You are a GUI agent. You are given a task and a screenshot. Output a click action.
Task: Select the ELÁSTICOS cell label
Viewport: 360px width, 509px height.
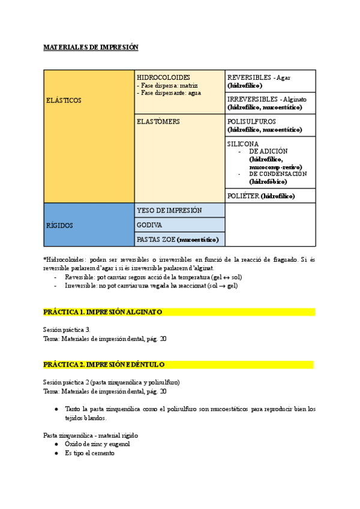click(x=64, y=101)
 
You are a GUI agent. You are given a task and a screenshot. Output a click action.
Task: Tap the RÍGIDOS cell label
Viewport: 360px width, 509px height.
click(x=59, y=226)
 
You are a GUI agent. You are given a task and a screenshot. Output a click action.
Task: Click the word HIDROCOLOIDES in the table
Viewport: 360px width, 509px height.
click(x=163, y=77)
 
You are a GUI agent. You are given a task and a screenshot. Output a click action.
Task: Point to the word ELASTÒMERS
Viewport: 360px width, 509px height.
click(x=158, y=122)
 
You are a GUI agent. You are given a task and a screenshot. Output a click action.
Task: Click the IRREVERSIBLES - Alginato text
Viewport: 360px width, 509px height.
click(x=266, y=99)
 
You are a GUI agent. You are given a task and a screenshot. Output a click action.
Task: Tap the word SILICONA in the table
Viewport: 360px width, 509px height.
click(x=243, y=144)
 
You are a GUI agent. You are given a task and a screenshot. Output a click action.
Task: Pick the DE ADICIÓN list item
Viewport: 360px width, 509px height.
click(x=268, y=151)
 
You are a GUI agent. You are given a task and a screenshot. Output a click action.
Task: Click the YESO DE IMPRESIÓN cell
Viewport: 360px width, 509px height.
click(x=169, y=210)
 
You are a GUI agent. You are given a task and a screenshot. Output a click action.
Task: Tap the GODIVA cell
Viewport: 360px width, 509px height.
click(x=149, y=225)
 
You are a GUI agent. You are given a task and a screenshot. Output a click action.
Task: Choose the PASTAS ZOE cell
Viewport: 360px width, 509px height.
click(x=178, y=239)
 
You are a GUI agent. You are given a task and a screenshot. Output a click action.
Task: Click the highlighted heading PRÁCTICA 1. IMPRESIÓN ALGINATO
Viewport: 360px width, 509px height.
click(x=103, y=312)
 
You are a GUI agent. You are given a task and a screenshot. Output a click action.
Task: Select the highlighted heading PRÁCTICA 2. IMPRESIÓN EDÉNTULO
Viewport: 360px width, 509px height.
click(x=104, y=364)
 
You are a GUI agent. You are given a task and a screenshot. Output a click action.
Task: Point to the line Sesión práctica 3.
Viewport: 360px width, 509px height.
click(x=66, y=330)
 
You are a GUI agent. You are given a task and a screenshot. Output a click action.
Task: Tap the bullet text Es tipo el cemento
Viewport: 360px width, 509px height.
click(x=90, y=453)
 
